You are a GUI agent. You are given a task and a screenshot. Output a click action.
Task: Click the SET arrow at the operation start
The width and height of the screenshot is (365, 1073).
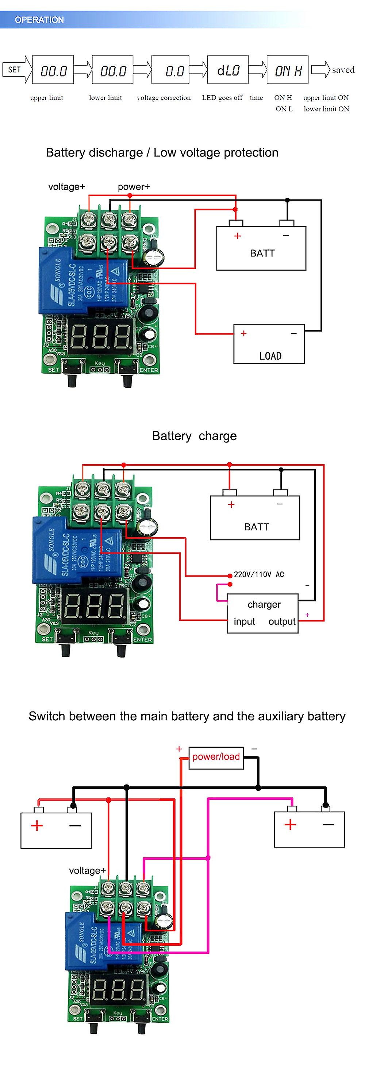coord(16,70)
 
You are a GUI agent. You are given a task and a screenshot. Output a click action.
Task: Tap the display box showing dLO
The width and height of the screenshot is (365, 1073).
coord(227,70)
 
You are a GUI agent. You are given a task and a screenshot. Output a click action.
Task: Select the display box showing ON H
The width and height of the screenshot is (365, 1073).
coord(288,70)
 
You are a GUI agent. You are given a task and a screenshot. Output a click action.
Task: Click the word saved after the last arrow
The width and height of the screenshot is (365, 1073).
coord(343,70)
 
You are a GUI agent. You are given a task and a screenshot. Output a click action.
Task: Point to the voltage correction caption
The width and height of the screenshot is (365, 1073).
coord(164,97)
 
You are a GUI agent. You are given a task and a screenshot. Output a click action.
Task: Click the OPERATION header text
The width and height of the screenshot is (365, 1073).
coord(39,20)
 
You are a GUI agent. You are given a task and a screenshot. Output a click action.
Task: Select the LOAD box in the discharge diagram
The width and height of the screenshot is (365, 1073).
coord(269,344)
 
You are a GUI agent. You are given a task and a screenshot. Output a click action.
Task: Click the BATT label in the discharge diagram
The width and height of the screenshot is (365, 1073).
coord(262,253)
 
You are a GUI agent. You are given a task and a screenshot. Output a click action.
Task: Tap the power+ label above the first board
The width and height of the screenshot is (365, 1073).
coord(133,187)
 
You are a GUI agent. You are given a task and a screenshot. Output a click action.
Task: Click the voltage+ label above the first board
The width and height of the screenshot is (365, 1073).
coord(66,187)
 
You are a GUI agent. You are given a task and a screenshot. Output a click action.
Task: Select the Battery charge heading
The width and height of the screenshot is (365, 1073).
coord(194,436)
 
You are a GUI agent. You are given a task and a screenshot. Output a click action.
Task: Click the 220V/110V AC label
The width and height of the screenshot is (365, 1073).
coord(259,574)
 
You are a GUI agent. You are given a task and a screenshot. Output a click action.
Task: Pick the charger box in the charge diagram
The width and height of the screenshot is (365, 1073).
coord(262,613)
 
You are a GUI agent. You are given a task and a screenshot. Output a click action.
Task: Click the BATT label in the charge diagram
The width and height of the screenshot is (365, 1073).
coord(256,527)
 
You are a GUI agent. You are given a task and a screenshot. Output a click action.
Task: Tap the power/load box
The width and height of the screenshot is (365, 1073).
coord(216,756)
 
